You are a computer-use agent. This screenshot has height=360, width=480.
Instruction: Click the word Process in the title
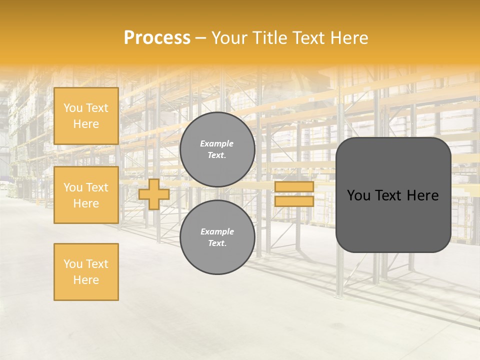157,38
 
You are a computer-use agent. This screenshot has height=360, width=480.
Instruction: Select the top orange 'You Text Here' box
86,116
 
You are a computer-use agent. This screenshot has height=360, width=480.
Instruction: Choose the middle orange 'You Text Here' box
86,195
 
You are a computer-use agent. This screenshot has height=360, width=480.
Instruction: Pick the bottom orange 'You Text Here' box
86,272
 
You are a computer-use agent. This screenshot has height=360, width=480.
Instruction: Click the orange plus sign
154,194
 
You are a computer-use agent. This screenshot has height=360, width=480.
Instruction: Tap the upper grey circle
217,149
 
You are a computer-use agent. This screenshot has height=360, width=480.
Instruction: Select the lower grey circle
217,237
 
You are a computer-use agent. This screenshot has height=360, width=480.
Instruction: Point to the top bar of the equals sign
294,187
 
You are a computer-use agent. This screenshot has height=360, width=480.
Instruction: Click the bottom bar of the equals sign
294,201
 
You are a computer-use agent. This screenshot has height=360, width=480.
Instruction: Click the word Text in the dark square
388,195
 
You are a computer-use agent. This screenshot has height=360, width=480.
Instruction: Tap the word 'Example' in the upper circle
217,143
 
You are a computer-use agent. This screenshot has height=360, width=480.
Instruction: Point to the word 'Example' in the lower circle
217,231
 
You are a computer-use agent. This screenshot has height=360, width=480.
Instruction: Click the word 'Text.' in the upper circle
217,155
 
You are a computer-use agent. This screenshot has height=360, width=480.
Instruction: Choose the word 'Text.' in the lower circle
217,243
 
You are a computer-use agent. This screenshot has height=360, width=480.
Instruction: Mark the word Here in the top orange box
86,124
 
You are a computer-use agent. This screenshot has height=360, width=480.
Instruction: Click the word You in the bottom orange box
73,264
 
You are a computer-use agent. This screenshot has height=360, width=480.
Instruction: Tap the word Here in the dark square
422,195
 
